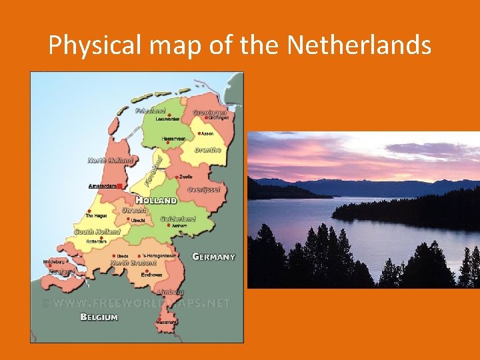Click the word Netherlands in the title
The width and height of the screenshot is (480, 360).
click(359, 45)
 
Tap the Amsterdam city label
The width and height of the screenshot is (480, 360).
click(102, 186)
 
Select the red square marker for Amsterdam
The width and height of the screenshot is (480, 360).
click(119, 186)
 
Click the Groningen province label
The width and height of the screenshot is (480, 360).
click(209, 113)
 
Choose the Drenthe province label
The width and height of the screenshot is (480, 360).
click(207, 150)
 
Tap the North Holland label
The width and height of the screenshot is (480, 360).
click(111, 160)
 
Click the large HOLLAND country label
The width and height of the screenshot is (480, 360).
click(157, 200)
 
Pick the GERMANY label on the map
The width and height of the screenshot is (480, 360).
click(213, 257)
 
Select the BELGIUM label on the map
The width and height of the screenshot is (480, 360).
click(99, 317)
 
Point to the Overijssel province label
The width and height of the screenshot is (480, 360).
click(204, 189)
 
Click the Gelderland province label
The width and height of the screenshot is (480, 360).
click(178, 219)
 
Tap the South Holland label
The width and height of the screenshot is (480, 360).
click(97, 232)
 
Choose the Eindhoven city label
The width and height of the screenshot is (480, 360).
click(151, 275)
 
